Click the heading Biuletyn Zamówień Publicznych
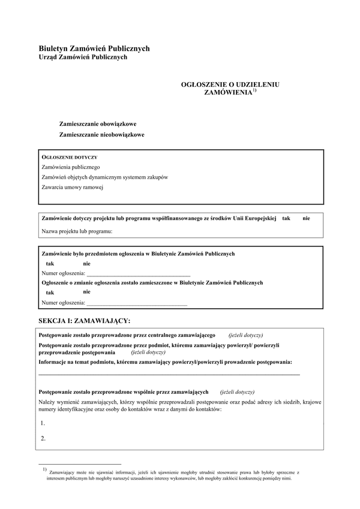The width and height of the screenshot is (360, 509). [x=94, y=49]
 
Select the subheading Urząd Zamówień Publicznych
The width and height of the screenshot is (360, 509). [x=83, y=58]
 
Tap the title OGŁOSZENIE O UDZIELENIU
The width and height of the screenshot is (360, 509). [x=230, y=85]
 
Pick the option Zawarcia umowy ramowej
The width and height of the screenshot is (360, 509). [x=73, y=187]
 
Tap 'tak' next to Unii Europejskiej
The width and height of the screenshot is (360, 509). [x=286, y=218]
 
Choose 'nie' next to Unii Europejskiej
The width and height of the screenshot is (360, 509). [x=306, y=218]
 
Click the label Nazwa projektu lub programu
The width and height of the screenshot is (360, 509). [x=77, y=231]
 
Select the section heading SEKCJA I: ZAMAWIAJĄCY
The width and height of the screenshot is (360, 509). [x=83, y=321]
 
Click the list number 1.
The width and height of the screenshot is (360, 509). [x=43, y=423]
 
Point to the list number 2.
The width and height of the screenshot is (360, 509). [x=43, y=438]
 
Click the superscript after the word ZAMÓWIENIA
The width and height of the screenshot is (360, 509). [x=254, y=91]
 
